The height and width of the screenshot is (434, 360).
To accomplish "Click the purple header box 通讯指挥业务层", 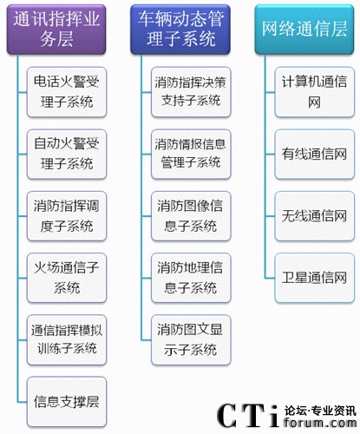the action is [56, 30].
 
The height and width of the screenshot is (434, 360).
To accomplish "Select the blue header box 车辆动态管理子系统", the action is [180, 30].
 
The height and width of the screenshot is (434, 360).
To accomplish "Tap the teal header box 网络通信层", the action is [304, 30].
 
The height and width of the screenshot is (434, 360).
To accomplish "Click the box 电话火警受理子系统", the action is [67, 92].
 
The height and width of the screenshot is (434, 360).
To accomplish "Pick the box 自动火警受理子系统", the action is [67, 154].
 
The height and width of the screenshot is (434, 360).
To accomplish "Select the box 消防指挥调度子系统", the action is [67, 216].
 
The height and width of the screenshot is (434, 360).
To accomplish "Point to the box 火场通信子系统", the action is [67, 278].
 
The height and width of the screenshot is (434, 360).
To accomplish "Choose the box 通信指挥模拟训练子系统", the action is [67, 339].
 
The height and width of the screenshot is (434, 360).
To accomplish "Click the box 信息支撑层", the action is [67, 402].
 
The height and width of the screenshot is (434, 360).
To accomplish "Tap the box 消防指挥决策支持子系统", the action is [191, 92].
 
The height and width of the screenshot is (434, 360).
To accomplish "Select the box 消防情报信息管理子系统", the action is [191, 154].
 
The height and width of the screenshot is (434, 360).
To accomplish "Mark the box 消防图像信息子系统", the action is [191, 216].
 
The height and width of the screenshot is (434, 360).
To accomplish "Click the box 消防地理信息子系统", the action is [191, 278].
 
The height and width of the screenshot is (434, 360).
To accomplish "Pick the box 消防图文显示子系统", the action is [191, 339].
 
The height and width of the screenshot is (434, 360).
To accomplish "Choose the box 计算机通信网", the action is [315, 92].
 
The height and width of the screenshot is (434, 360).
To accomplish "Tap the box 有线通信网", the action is [315, 154].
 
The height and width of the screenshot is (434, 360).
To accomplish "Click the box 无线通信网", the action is [315, 216].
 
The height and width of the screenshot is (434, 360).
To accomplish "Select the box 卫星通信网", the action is [315, 278].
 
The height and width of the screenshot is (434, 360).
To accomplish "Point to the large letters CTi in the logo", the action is [248, 416].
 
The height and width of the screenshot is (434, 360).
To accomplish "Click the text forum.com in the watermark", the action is [320, 423].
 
